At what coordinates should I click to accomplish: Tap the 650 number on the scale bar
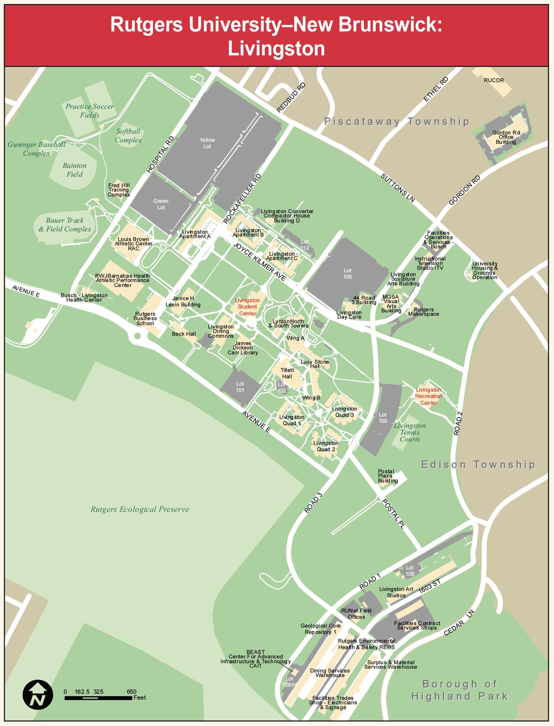131,692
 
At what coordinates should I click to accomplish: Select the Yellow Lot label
207,143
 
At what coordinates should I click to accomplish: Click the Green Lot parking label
160,204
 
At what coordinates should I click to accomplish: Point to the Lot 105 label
347,274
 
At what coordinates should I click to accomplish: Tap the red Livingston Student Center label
247,307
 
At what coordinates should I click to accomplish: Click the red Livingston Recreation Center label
428,396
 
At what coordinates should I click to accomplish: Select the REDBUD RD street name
291,97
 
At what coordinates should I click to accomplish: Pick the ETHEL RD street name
436,89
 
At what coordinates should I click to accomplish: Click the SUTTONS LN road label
397,188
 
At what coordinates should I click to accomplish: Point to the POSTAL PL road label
393,514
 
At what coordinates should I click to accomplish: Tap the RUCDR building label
494,80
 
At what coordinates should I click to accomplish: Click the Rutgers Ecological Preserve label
140,509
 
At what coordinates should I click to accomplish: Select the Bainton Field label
75,170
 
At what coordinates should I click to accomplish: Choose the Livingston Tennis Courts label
410,432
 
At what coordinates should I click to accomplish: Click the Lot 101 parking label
240,387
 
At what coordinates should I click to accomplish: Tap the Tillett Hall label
287,373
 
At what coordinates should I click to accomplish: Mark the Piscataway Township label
396,121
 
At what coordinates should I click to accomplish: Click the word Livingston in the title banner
276,49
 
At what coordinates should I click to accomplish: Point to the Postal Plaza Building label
388,476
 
